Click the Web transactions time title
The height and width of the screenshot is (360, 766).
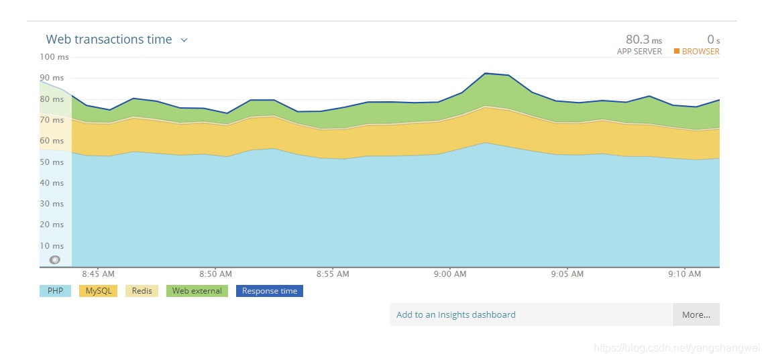[x=109, y=40]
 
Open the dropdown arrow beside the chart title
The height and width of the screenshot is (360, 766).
[x=184, y=40]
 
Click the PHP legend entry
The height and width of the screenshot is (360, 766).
[x=55, y=291]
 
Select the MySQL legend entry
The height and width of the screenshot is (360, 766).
[x=99, y=291]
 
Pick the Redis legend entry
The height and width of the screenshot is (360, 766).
[x=142, y=291]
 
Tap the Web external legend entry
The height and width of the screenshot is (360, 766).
[x=197, y=291]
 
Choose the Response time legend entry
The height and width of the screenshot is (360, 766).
[x=269, y=291]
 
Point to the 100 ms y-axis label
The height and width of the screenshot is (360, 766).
[x=54, y=57]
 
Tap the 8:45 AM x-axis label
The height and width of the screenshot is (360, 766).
[x=98, y=274]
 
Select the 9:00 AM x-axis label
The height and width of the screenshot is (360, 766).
[x=450, y=274]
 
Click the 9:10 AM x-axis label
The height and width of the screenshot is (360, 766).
[x=685, y=274]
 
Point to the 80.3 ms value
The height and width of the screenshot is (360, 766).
[x=643, y=40]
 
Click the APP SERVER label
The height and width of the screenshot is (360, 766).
[x=639, y=52]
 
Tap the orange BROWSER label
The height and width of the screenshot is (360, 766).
[x=700, y=52]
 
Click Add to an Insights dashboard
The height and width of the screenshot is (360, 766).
[x=456, y=314]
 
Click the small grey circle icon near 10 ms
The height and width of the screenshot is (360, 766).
[x=55, y=259]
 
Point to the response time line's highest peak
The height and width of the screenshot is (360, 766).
[x=485, y=73]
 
